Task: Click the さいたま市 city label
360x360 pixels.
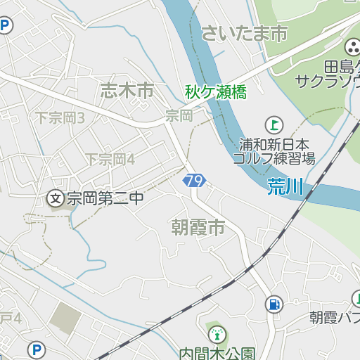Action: click(x=244, y=32)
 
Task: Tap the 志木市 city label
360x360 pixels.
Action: click(x=127, y=90)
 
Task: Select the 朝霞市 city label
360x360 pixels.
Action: click(x=198, y=227)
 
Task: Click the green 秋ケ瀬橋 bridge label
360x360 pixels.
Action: click(x=216, y=91)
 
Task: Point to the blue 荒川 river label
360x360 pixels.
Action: click(x=285, y=186)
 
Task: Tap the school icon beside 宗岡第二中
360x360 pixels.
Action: click(x=56, y=199)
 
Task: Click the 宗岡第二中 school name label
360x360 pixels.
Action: click(x=105, y=199)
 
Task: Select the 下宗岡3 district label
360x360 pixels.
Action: click(x=60, y=117)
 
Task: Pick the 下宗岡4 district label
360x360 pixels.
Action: click(x=110, y=159)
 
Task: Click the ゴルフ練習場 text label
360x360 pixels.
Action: click(x=274, y=158)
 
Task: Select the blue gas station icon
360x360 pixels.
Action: click(x=273, y=304)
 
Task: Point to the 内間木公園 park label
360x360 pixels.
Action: click(x=217, y=352)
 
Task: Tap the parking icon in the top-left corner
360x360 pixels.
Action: click(x=6, y=27)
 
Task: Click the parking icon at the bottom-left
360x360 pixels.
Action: click(x=36, y=349)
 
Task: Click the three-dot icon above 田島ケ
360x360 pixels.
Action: click(x=352, y=48)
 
